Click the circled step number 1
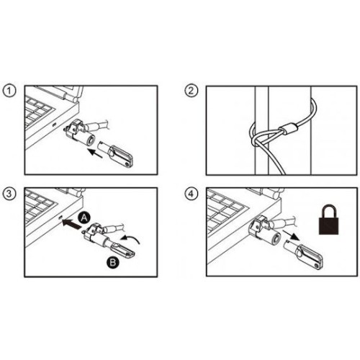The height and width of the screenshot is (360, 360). click(9, 91)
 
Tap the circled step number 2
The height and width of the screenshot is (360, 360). click(191, 91)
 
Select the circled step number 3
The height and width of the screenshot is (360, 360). click(9, 194)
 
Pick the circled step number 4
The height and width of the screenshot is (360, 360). click(191, 194)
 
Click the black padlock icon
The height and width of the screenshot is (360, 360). click(329, 219)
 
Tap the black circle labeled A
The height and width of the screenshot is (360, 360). click(84, 217)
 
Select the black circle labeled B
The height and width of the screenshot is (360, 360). click(112, 262)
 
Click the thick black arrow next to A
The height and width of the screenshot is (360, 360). click(71, 223)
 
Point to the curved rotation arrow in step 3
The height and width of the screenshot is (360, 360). click(130, 239)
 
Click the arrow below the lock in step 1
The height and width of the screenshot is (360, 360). click(95, 153)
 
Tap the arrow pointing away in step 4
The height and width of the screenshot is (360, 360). click(291, 235)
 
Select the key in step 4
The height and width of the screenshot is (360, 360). click(303, 254)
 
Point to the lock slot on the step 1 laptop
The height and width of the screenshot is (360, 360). click(54, 125)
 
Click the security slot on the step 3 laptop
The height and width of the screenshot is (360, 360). click(60, 217)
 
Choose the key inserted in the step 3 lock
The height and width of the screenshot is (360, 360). click(121, 250)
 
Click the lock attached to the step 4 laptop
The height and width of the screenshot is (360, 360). click(264, 230)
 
